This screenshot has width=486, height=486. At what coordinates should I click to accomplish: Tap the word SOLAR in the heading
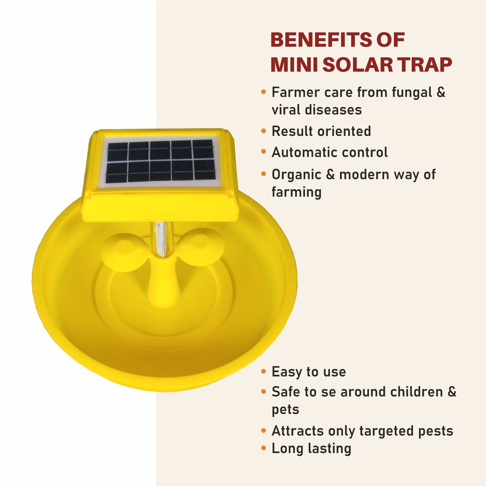(x=358, y=65)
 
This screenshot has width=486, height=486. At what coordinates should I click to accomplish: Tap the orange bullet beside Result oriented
(x=263, y=131)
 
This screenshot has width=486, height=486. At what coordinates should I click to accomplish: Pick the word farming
(x=296, y=192)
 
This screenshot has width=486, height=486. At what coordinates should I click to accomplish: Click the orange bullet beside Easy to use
(x=263, y=372)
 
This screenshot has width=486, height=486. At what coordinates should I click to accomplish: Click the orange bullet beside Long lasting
(x=263, y=448)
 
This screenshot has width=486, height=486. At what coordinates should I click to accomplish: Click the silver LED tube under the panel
(x=161, y=239)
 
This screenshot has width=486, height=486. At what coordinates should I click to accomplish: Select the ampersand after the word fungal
(x=441, y=92)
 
